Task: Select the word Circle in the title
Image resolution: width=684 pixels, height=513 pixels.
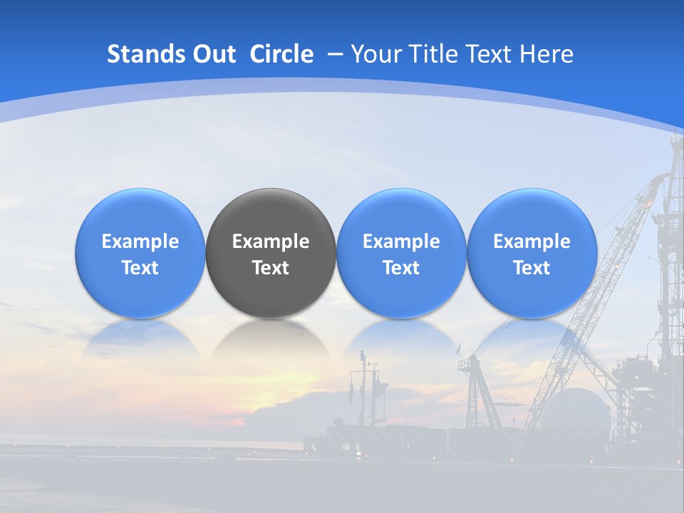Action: [x=281, y=54]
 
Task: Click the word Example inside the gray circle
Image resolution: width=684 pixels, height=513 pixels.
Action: [x=271, y=242]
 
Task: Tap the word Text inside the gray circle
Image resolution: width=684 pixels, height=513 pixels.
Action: [x=271, y=268]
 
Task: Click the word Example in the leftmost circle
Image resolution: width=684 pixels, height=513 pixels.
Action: [x=140, y=242]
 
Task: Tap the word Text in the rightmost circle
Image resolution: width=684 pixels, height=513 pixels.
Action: [x=532, y=268]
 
